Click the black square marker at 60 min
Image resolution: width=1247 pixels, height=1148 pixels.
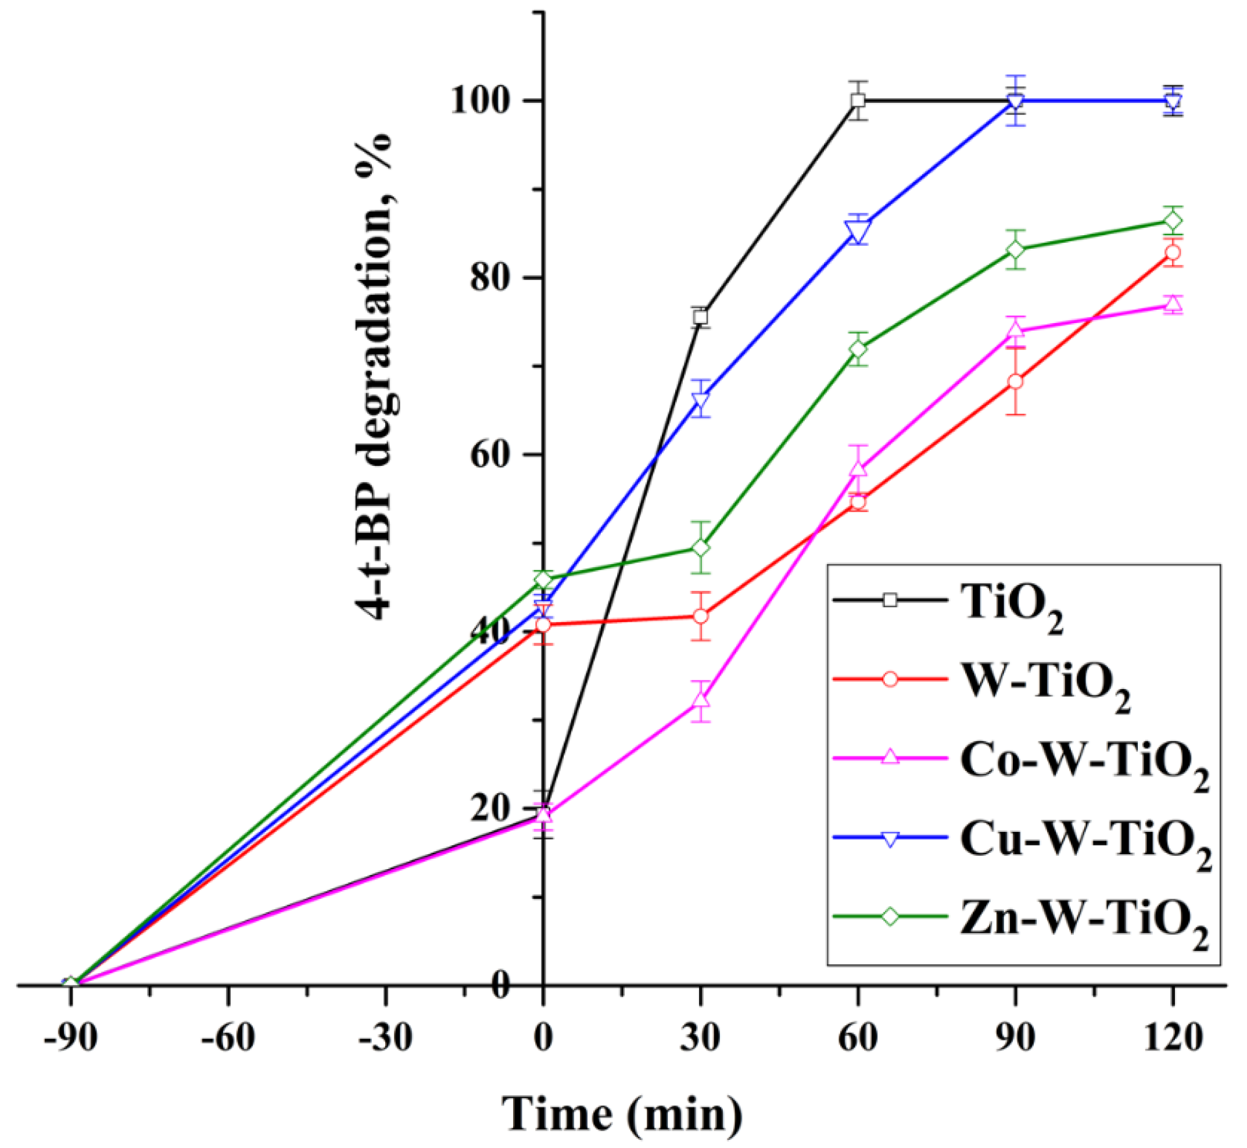pos(858,100)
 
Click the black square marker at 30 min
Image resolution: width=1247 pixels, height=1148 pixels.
pos(701,317)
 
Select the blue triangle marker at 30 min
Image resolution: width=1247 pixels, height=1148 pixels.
pos(701,401)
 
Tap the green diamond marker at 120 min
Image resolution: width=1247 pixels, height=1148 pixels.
pos(1173,221)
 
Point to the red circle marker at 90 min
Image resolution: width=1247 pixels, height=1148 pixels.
pos(1015,382)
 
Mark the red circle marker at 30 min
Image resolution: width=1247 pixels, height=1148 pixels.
pos(701,616)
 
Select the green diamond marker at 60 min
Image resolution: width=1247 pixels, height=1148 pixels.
pos(858,349)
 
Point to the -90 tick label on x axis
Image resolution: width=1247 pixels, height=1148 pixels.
pos(70,1038)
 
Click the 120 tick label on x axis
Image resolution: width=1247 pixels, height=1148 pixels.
pos(1173,1038)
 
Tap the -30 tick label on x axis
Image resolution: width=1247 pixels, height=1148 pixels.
pos(385,1038)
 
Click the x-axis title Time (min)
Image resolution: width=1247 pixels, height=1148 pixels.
pos(622,1114)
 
